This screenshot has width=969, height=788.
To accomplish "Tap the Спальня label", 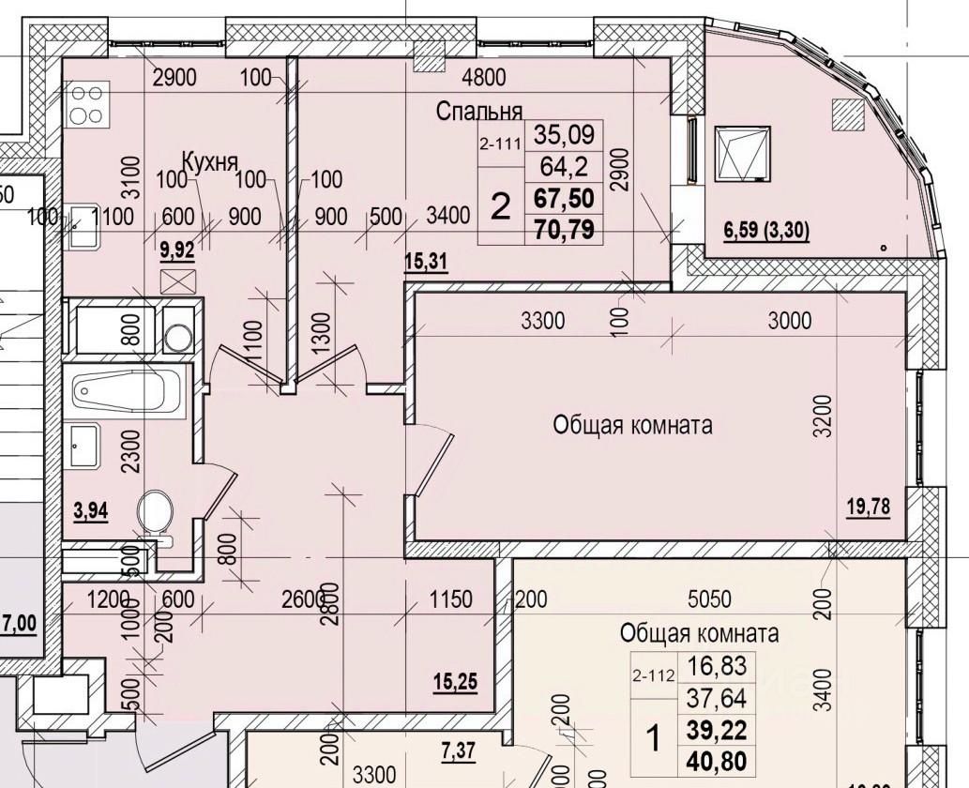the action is click(x=478, y=112).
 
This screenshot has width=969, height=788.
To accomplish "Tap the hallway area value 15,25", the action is click(x=455, y=682).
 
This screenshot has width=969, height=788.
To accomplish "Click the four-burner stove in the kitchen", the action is click(x=87, y=103).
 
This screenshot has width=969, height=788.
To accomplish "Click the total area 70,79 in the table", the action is click(x=564, y=228).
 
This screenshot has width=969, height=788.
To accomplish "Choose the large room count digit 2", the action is click(x=502, y=205).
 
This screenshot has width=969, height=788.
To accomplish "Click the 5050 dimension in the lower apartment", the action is click(x=708, y=599).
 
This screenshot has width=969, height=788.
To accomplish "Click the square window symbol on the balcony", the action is click(x=744, y=153).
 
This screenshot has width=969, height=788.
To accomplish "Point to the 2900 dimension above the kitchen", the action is click(x=174, y=78).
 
